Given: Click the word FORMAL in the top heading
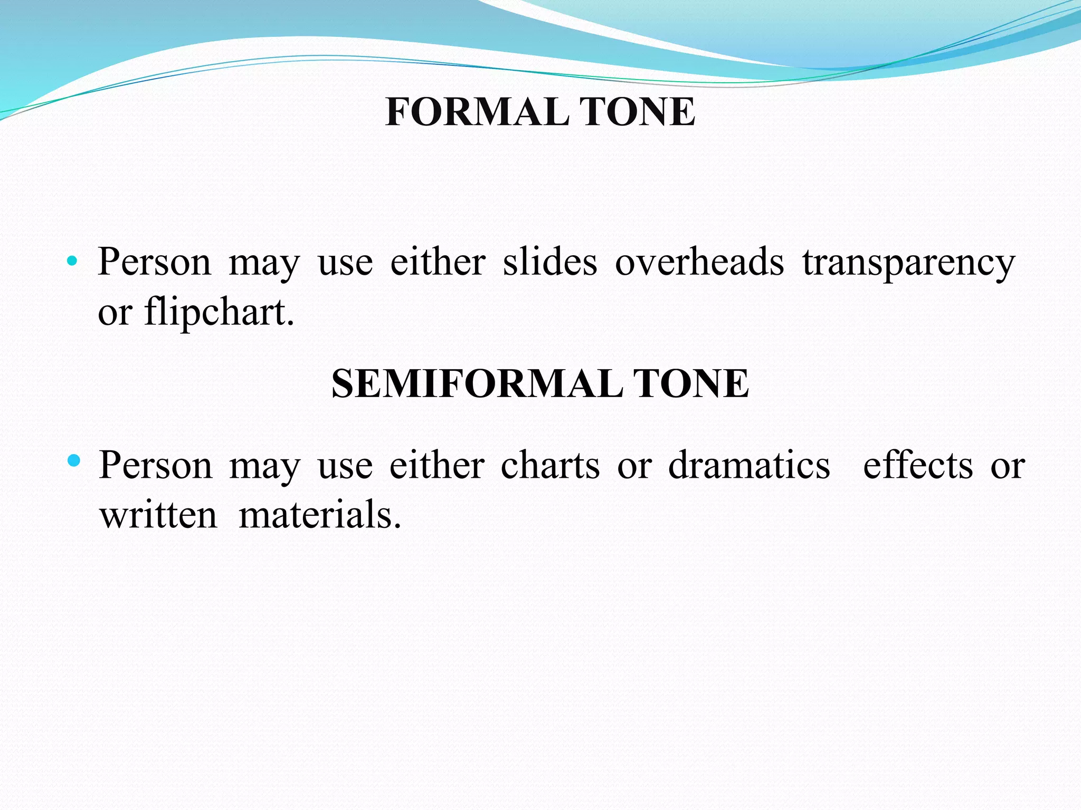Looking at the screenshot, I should [478, 112].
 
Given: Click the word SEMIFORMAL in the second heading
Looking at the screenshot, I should [477, 384].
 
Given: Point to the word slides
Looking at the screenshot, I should [550, 262].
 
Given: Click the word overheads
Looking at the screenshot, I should [699, 262].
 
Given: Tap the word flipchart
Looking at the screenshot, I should [219, 312].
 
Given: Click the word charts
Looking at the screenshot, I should [550, 466].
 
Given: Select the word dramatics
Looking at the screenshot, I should [749, 466].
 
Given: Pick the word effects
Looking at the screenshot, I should [917, 466].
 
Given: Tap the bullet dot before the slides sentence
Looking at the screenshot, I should [72, 261].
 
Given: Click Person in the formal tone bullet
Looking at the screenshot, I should [154, 262].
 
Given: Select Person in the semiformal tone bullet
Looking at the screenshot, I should [155, 466].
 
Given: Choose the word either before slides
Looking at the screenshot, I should [438, 262].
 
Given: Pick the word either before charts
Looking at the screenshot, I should [437, 466].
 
